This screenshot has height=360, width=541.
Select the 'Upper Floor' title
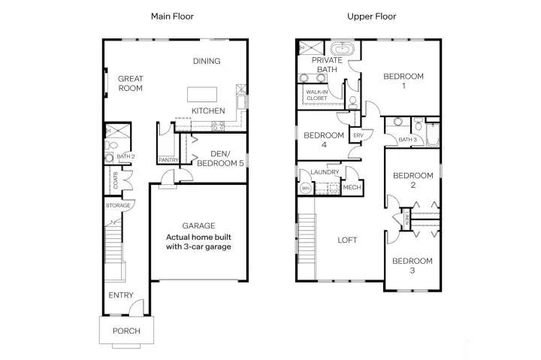[x=371, y=16]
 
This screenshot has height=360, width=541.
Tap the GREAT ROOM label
[x=130, y=83]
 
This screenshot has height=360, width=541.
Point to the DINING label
[x=205, y=62]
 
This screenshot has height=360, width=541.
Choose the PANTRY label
[x=167, y=159]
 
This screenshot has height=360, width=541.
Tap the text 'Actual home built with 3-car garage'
[x=198, y=241]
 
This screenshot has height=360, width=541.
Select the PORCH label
[x=126, y=331]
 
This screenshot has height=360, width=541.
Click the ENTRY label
[x=121, y=295]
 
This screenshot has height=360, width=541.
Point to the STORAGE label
[x=118, y=205]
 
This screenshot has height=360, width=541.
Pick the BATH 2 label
[x=125, y=156]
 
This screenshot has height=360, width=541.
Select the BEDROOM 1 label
[x=403, y=81]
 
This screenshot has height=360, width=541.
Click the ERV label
[x=358, y=135]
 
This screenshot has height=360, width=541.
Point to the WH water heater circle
[x=306, y=189]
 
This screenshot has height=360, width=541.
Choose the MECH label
[x=351, y=188]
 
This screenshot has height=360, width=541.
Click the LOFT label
[x=347, y=241]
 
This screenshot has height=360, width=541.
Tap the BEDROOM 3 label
[x=413, y=266]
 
